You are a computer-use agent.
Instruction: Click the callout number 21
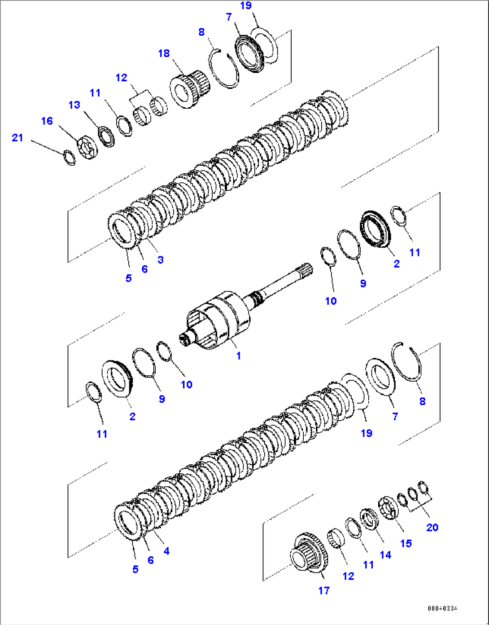[x=17, y=138]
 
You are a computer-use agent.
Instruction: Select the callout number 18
[x=164, y=53]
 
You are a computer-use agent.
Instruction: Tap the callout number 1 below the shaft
[x=239, y=356]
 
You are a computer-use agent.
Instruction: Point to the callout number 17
[x=324, y=590]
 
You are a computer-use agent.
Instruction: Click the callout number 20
[x=432, y=527]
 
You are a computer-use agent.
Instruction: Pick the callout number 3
[x=160, y=260]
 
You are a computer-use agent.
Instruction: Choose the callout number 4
[x=166, y=551]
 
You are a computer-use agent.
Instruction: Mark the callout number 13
[x=74, y=105]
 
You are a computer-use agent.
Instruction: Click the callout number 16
[x=47, y=121]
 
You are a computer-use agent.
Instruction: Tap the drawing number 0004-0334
[x=442, y=608]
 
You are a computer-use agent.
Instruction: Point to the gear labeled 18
[x=188, y=88]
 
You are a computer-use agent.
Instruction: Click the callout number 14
[x=385, y=555]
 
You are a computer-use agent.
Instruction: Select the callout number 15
[x=406, y=543]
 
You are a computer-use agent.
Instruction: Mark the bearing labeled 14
[x=370, y=519]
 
